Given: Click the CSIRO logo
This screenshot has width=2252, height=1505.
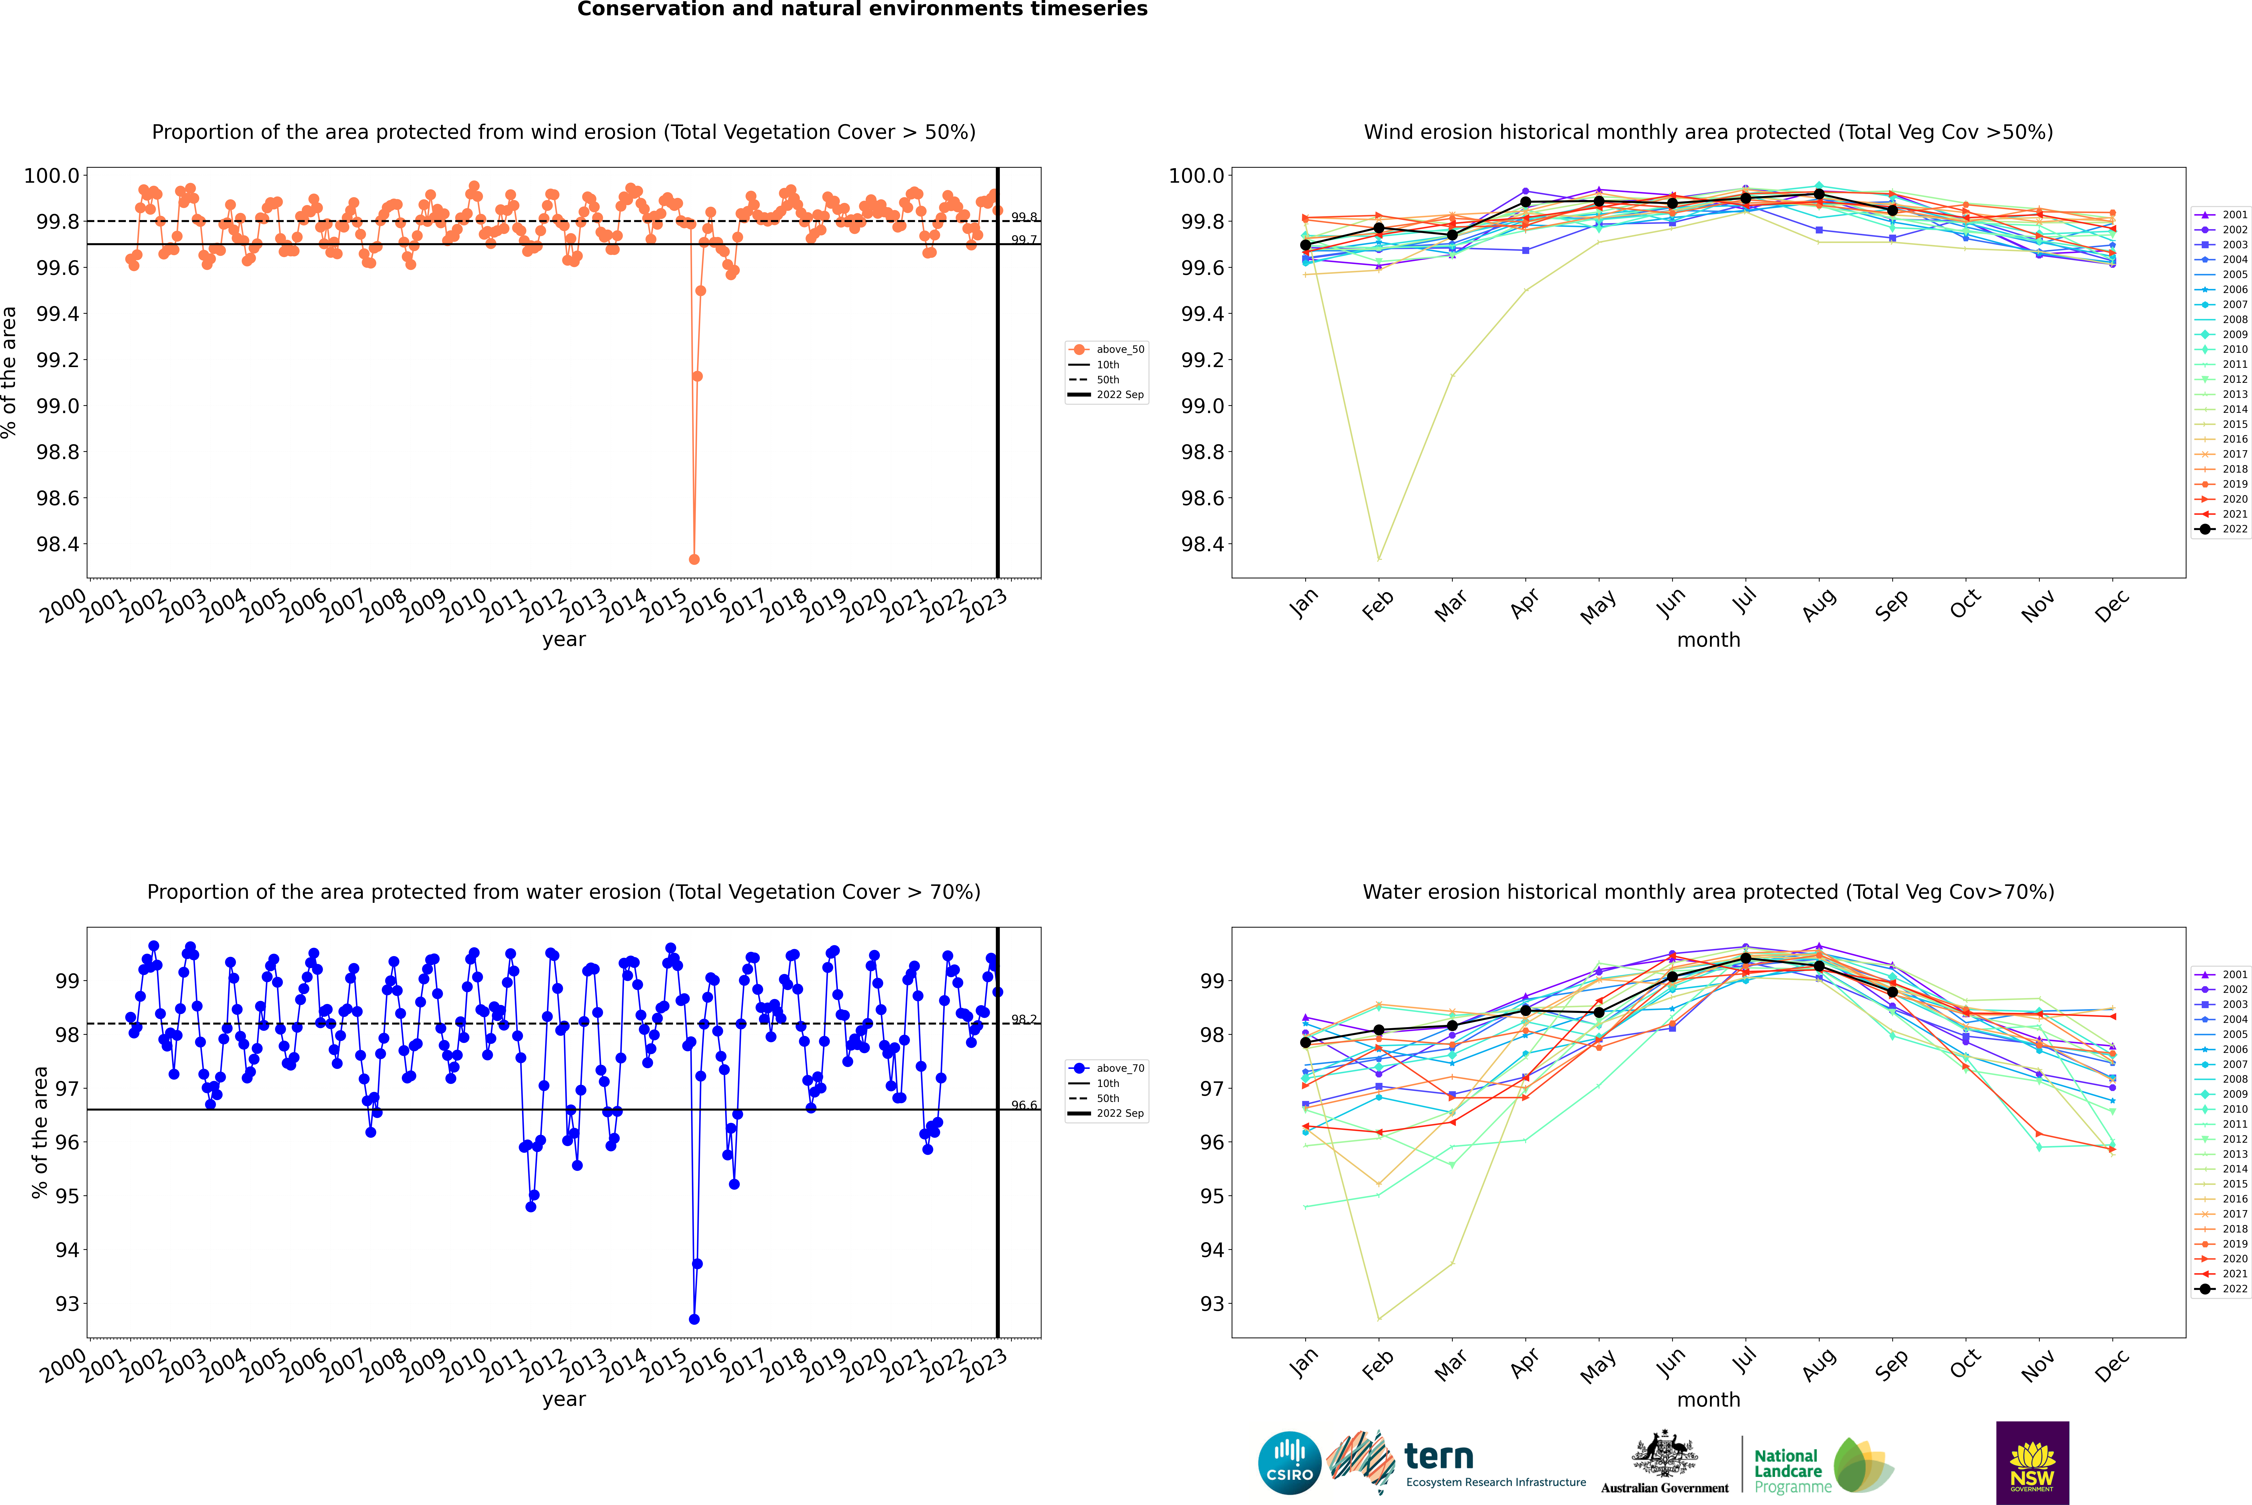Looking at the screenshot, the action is coord(1289,1463).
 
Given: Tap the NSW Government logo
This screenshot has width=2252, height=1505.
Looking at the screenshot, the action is coord(2032,1463).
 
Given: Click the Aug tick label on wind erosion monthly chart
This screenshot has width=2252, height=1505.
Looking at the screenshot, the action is coord(1819,605).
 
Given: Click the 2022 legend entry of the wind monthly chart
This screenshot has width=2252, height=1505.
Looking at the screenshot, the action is coord(2221,529).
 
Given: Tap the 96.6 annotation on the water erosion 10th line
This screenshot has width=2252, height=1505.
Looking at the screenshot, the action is coord(1024,1106).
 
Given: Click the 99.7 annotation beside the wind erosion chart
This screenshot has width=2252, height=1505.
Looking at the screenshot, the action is coord(1024,240).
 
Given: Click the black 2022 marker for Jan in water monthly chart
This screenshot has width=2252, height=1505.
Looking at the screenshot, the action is coord(1306,1042).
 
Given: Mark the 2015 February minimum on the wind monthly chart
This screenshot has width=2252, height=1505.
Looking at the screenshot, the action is coord(1378,559).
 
